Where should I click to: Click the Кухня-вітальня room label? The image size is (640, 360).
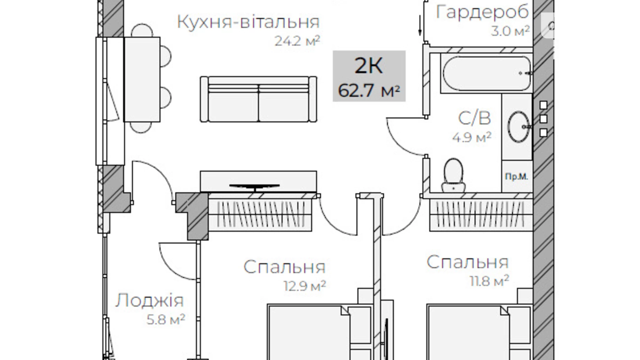pyautogui.click(x=248, y=22)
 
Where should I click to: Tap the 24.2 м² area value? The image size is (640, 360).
pyautogui.click(x=297, y=41)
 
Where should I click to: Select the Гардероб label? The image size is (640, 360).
pyautogui.click(x=482, y=12)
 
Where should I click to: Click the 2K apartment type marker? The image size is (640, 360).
pyautogui.click(x=369, y=65)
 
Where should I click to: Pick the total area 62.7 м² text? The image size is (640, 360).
pyautogui.click(x=369, y=91)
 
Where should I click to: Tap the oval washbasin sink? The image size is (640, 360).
pyautogui.click(x=518, y=127)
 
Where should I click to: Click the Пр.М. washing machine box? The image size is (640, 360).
pyautogui.click(x=516, y=177)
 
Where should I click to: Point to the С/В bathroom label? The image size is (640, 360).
pyautogui.click(x=474, y=118)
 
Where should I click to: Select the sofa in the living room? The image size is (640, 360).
pyautogui.click(x=258, y=100)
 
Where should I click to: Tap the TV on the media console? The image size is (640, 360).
pyautogui.click(x=255, y=187)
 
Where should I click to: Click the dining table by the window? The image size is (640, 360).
pyautogui.click(x=142, y=79)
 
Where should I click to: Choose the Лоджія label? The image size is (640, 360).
pyautogui.click(x=149, y=300)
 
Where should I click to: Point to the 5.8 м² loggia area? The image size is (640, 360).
pyautogui.click(x=166, y=319)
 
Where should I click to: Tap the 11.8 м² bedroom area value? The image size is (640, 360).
pyautogui.click(x=489, y=281)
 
